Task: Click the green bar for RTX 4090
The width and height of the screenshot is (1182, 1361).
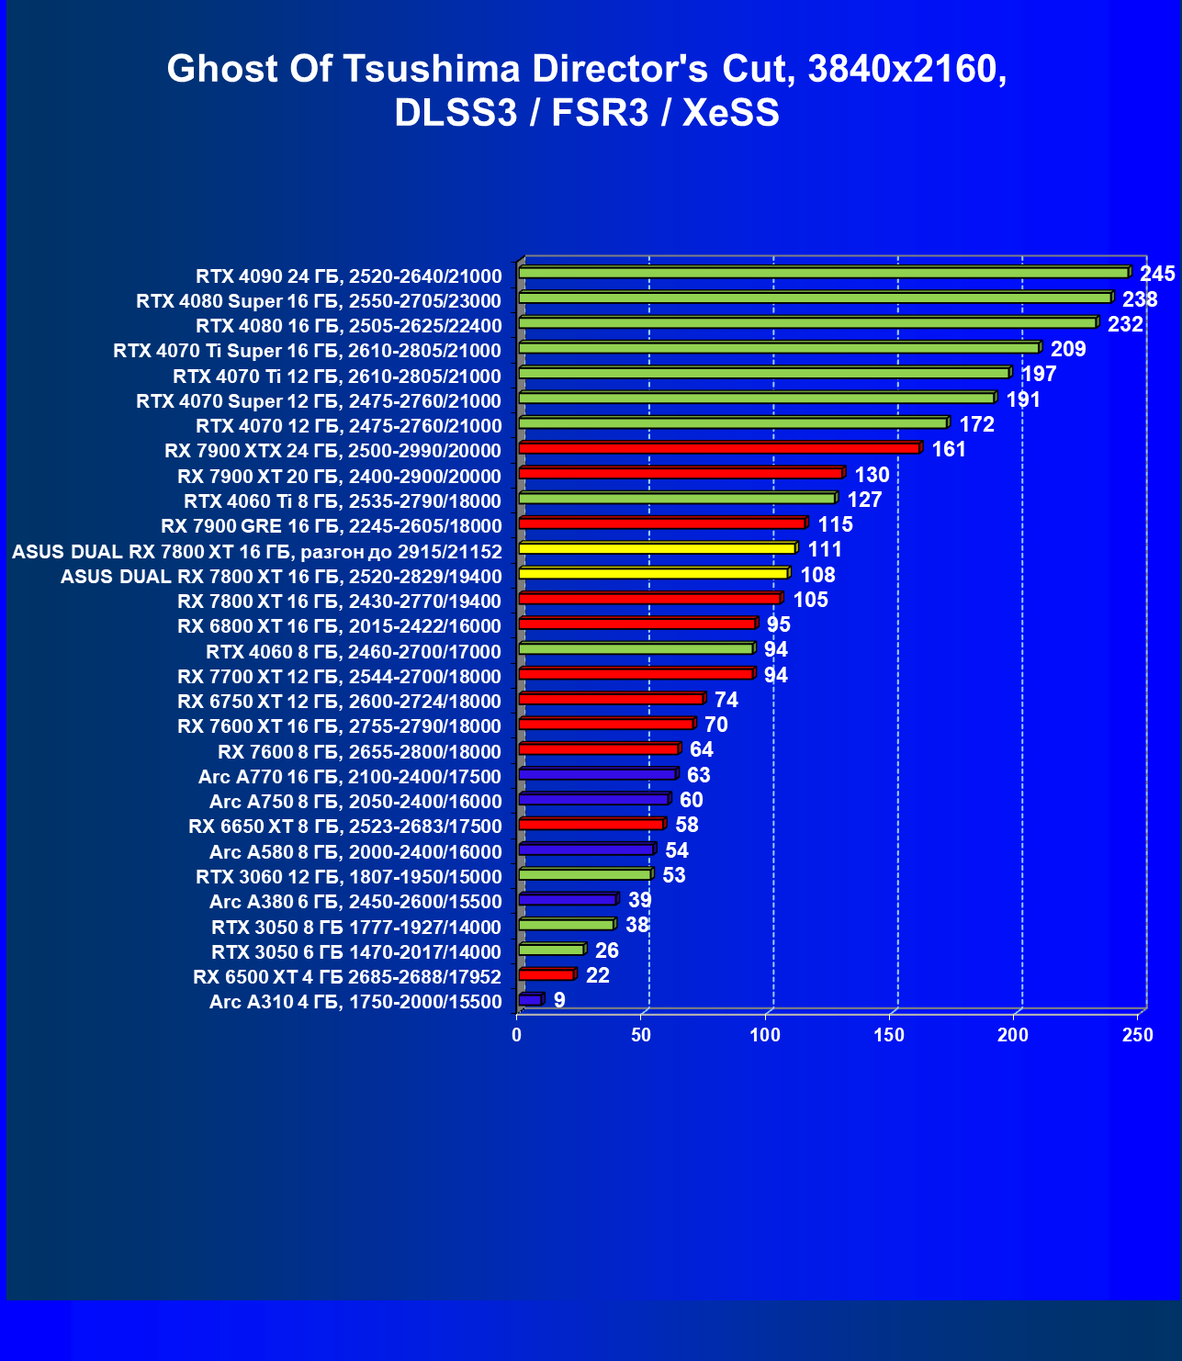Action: (824, 273)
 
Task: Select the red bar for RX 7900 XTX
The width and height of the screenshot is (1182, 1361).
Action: (719, 448)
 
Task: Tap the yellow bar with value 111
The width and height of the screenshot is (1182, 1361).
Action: (657, 548)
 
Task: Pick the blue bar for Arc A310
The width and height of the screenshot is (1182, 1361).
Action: (531, 999)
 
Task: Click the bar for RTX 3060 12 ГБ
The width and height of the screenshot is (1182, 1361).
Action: (585, 874)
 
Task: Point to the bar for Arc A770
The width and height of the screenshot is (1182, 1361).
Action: (597, 774)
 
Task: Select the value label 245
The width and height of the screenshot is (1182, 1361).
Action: (1157, 274)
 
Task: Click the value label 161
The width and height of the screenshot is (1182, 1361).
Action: (949, 449)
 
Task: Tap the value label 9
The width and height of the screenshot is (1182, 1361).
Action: (559, 1000)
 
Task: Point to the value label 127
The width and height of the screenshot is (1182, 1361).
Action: (864, 500)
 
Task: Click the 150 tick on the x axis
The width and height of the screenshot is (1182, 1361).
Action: (889, 1035)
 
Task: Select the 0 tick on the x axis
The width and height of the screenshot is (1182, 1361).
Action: (517, 1035)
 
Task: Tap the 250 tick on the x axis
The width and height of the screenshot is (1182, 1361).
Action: (1138, 1035)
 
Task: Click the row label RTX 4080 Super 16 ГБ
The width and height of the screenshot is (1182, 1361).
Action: (319, 301)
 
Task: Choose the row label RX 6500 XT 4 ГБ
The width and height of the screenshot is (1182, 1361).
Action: (347, 977)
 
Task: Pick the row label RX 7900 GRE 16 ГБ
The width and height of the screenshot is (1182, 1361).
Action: (331, 526)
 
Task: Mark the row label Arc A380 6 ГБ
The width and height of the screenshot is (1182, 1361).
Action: (355, 902)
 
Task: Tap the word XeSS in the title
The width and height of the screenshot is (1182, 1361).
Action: (731, 113)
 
